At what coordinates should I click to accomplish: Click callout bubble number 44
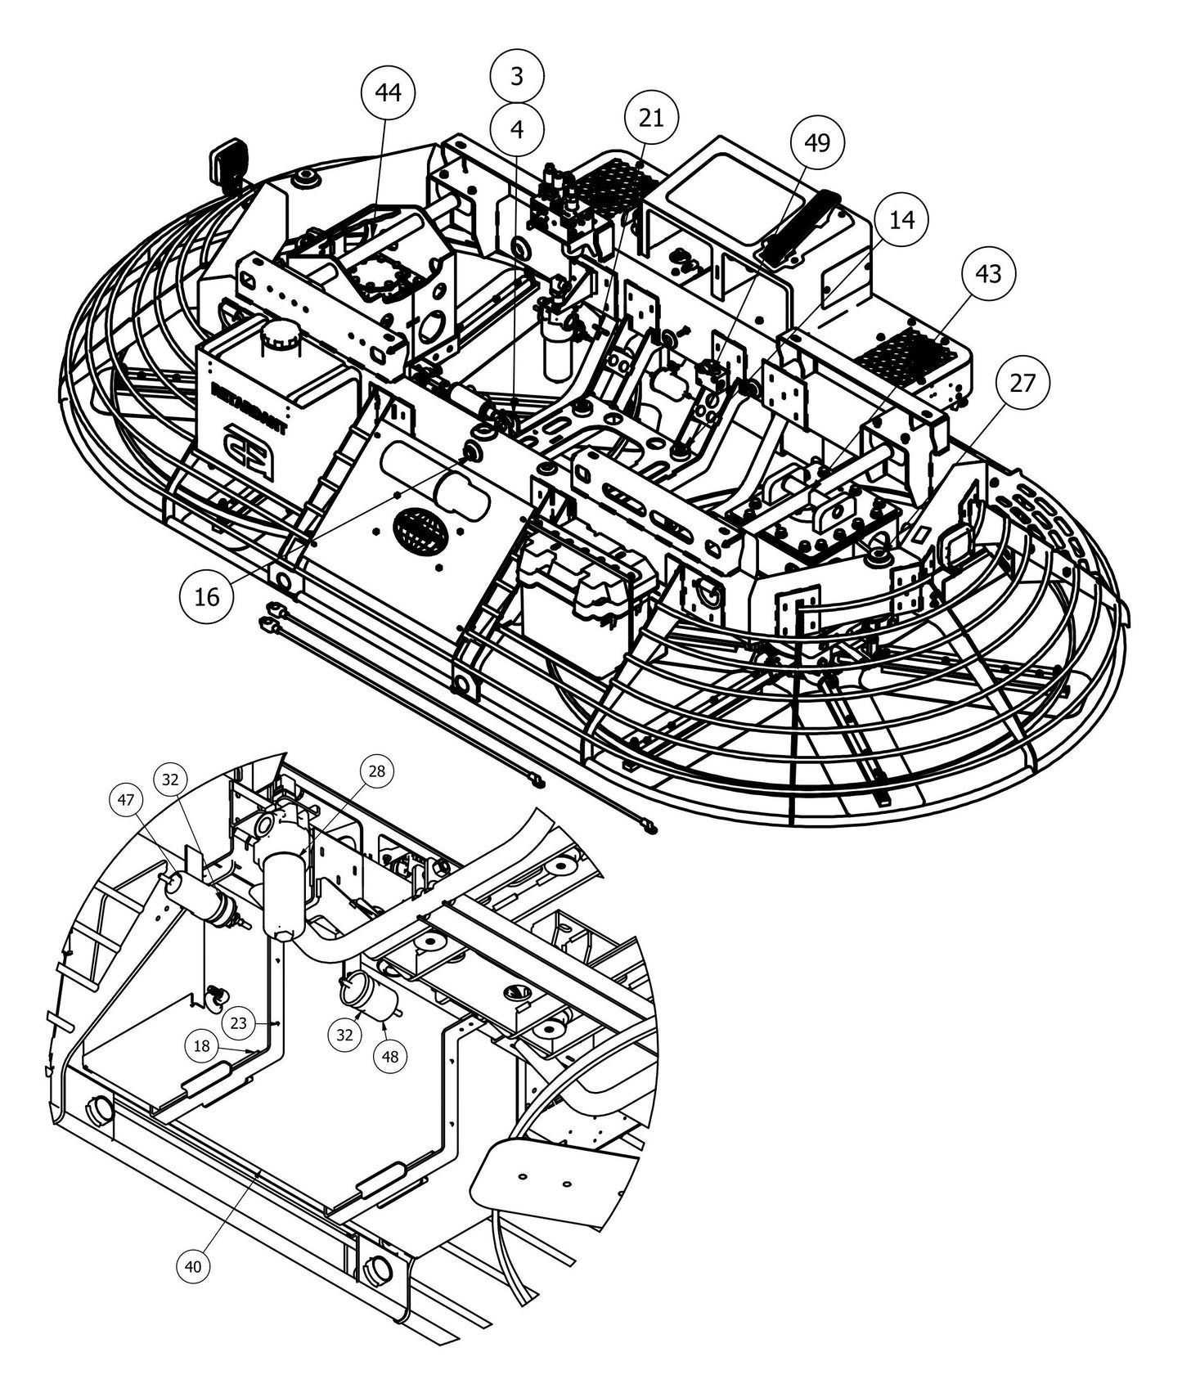coord(388,92)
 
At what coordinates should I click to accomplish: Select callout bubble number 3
coord(517,76)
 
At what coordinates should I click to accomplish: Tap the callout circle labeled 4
coord(517,128)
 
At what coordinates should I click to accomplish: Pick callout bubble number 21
coord(651,119)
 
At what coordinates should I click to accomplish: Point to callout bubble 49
coord(817,142)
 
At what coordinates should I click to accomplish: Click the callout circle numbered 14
coord(901,219)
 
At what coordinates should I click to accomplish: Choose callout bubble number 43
coord(988,273)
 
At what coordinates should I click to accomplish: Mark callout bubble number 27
coord(1022,382)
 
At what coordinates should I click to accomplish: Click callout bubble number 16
coord(207,596)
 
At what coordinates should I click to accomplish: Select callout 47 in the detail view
coord(127,801)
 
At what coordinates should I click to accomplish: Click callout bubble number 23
coord(238,1022)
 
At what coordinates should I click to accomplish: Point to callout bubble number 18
coord(202,1045)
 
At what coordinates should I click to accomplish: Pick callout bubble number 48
coord(390,1056)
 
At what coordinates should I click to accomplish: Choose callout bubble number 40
coord(193,1266)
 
